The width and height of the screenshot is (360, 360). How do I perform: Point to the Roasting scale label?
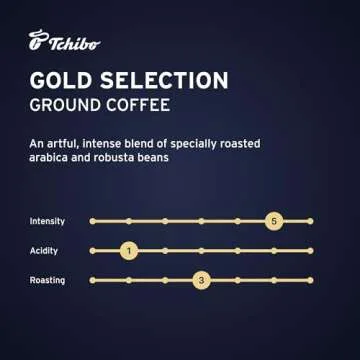click(x=48, y=281)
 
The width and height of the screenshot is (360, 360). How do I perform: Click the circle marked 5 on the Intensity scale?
click(x=274, y=220)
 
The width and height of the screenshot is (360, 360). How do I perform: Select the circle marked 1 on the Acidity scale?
click(x=128, y=251)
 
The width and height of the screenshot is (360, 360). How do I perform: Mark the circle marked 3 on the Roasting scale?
click(x=201, y=281)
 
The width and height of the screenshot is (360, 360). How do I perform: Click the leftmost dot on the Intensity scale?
click(x=91, y=220)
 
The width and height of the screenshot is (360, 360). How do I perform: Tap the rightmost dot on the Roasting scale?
click(x=310, y=281)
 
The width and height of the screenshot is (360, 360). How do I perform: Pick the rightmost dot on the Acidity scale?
click(x=310, y=251)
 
